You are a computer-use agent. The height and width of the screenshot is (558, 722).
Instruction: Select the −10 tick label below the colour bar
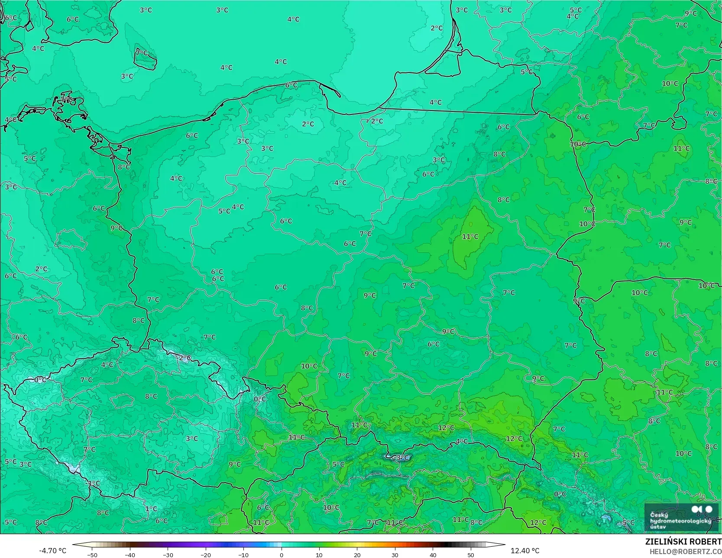point(243,555)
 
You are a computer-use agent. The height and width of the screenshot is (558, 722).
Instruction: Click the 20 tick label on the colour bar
point(357,555)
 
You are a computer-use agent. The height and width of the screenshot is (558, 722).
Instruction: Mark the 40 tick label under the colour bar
point(433,555)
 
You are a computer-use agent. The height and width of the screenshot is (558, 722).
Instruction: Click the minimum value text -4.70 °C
point(52,551)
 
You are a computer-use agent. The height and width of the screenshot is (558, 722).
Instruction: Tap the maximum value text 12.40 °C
point(525,551)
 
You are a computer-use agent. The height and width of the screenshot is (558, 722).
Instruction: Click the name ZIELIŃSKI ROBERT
point(683,542)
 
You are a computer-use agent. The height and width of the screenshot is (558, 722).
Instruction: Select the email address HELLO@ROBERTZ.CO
point(685,551)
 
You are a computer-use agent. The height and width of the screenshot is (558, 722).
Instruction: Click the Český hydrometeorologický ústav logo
point(681,517)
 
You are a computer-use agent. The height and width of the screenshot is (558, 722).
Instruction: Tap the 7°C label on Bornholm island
point(142,53)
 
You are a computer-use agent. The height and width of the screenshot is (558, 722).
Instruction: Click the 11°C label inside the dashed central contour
point(470,236)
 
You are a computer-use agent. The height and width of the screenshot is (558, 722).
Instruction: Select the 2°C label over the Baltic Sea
point(437,28)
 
